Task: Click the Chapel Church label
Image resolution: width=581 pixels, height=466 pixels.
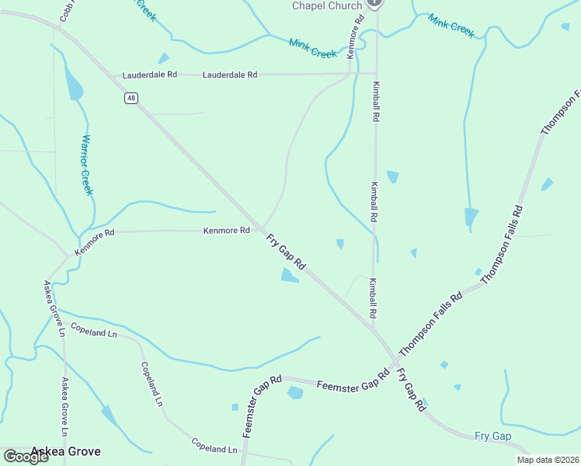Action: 327,5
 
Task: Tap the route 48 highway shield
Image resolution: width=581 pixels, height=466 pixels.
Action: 131,98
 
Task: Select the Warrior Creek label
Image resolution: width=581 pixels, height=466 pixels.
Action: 87,165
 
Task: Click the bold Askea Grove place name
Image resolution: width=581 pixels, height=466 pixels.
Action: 66,451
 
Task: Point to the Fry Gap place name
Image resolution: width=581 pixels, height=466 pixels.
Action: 492,436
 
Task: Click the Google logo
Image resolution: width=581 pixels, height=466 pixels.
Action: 26,457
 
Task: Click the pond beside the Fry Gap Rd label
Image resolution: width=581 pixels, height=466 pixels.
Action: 289,275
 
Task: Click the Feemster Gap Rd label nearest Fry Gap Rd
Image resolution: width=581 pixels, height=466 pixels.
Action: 353,381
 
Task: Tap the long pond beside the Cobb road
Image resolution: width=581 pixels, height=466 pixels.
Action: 74,85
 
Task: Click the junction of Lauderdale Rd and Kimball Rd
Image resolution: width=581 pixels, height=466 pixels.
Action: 377,75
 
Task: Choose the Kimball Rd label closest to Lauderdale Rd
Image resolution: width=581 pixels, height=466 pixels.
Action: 376,101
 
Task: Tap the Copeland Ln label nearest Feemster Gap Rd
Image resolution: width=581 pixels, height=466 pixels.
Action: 214,449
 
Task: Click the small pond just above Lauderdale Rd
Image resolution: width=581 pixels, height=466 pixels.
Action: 163,58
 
